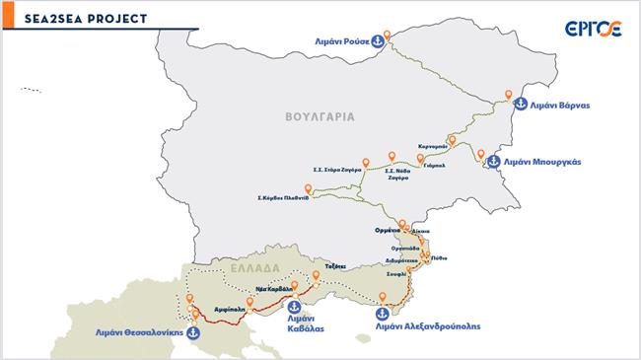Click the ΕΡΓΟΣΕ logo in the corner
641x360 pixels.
[x=593, y=29]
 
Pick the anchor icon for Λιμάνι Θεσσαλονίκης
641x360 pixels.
[x=194, y=331]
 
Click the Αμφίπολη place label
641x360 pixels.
[x=229, y=309]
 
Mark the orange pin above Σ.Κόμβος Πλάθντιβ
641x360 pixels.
[x=309, y=188]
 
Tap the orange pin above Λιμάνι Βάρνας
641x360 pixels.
[x=509, y=96]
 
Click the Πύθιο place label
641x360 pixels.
[x=440, y=257]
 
